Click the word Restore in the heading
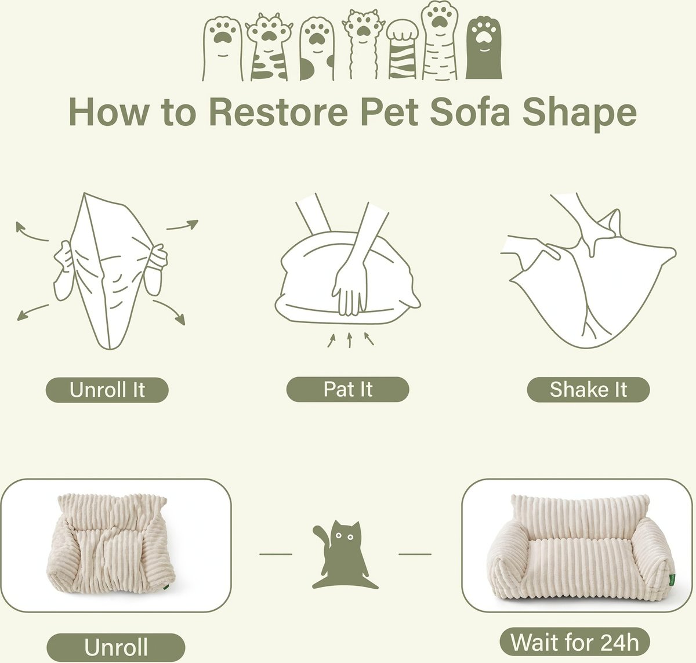click(x=278, y=111)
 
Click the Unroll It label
click(x=107, y=390)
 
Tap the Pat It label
click(x=347, y=389)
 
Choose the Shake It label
click(x=588, y=390)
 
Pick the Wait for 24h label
click(x=575, y=642)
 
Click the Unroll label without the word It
click(x=116, y=647)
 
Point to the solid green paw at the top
click(x=484, y=49)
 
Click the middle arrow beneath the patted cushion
click(x=350, y=340)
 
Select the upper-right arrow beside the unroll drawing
click(x=182, y=224)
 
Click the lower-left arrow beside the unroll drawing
click(x=32, y=312)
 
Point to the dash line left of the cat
click(x=275, y=554)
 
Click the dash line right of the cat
click(x=415, y=554)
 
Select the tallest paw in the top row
click(x=440, y=40)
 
